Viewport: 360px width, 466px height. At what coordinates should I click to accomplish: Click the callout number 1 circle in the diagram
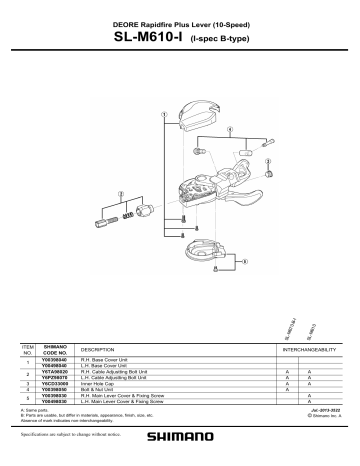tap(163, 115)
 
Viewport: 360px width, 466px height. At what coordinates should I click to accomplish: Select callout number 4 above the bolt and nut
tap(231, 129)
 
